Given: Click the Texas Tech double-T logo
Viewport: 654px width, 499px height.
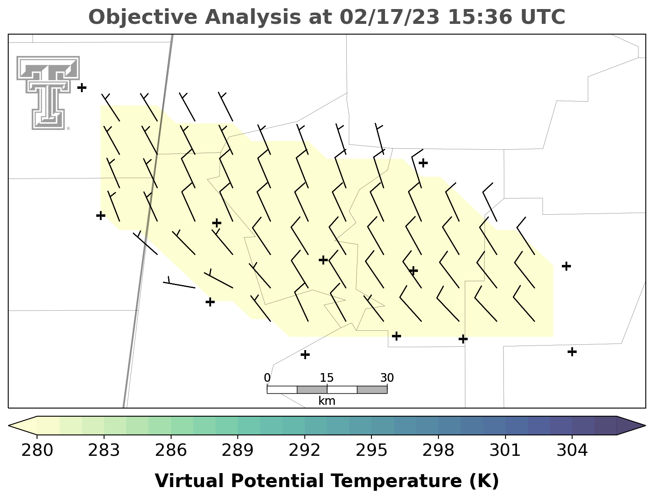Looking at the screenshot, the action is [x=48, y=93].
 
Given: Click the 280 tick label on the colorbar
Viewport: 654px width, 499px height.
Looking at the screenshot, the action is [x=37, y=450].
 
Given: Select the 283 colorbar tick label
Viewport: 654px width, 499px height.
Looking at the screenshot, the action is [x=104, y=450].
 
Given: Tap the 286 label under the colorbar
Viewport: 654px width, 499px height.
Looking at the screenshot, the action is [x=171, y=450].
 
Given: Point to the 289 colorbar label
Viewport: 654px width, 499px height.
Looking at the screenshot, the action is [x=237, y=450].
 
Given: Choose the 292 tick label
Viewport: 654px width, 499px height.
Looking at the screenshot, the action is [x=304, y=450].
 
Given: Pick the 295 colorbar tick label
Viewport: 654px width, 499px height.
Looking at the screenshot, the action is [x=371, y=450].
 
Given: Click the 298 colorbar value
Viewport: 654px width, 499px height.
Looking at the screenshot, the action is [x=438, y=450].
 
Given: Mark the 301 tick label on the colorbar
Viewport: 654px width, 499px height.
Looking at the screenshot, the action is [x=505, y=450].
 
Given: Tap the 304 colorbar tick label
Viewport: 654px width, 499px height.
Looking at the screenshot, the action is [x=572, y=450].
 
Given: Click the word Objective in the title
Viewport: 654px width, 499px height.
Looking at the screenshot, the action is [x=143, y=18].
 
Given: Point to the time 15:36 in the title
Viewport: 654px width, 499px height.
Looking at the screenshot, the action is [x=480, y=17].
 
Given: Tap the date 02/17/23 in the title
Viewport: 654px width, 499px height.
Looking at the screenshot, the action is [x=390, y=17].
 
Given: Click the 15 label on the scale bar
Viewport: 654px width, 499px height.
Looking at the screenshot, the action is [x=327, y=378].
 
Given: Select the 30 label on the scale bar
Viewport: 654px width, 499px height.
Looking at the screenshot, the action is [x=387, y=378].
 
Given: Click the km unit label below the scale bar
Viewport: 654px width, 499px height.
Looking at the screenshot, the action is [x=327, y=401].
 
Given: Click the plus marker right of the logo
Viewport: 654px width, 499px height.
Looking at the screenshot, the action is [x=82, y=88].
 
